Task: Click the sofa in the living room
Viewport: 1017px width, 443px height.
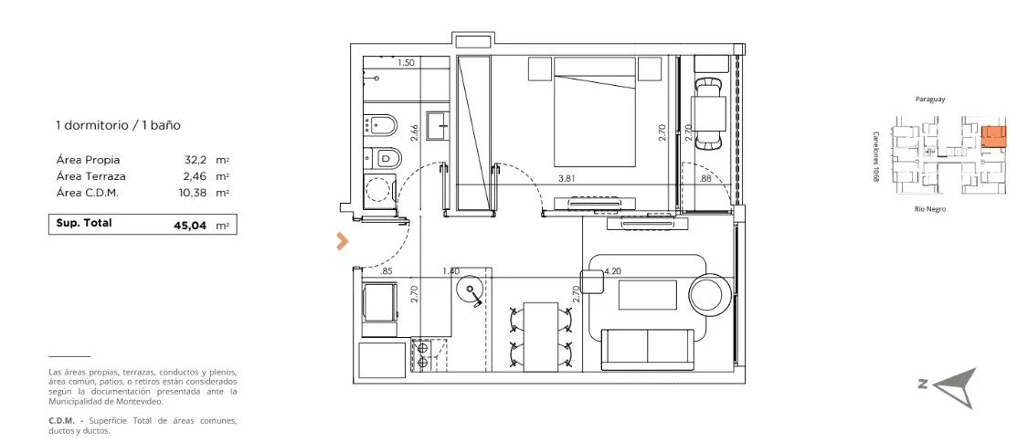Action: click(647, 349)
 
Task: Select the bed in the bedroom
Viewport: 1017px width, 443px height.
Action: click(595, 112)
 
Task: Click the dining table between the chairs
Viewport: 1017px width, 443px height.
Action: click(541, 336)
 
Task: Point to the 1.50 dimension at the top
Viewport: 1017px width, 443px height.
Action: click(406, 63)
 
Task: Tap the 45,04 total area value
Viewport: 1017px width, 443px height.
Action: click(189, 225)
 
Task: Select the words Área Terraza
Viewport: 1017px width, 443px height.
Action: click(90, 176)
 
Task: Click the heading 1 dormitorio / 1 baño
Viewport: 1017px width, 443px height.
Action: click(118, 126)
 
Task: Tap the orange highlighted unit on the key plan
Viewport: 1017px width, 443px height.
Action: click(993, 136)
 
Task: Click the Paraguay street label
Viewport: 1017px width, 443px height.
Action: click(929, 100)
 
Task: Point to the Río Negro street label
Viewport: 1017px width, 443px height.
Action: click(930, 209)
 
